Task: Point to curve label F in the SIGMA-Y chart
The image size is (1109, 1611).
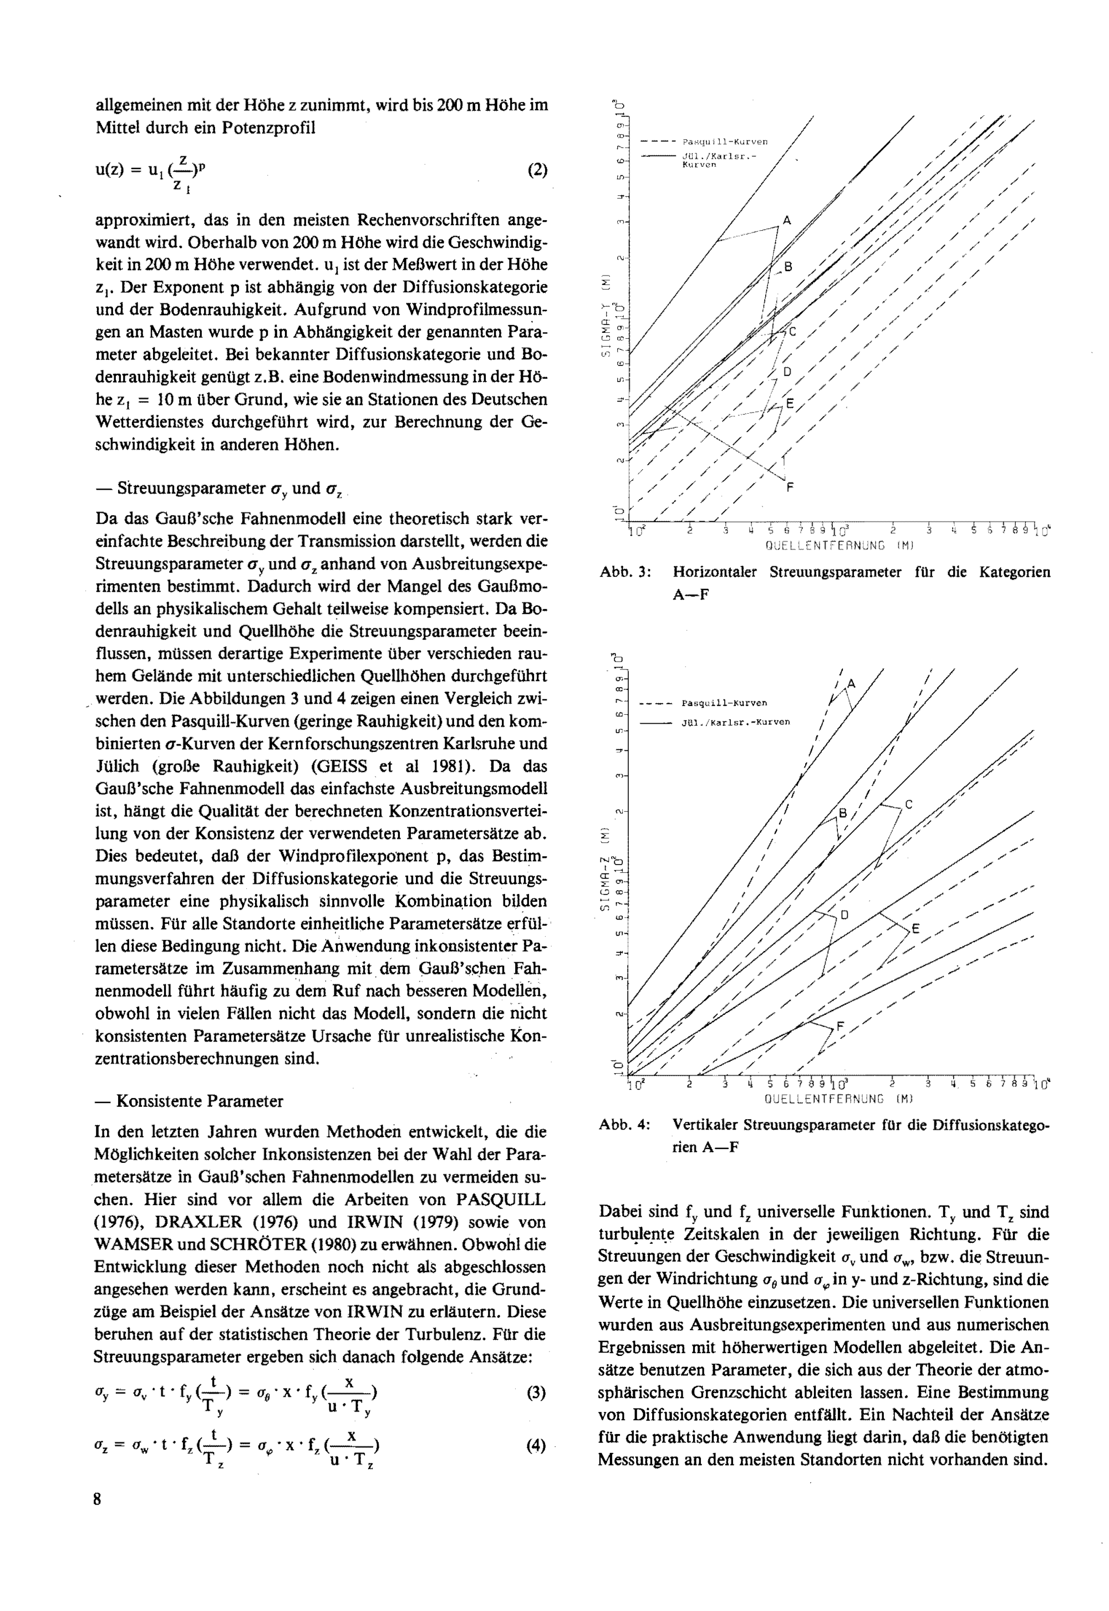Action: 790,488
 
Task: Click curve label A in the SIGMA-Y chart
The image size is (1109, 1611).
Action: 787,221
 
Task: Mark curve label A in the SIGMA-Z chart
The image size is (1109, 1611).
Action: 852,684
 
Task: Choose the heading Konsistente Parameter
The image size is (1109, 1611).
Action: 200,1101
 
